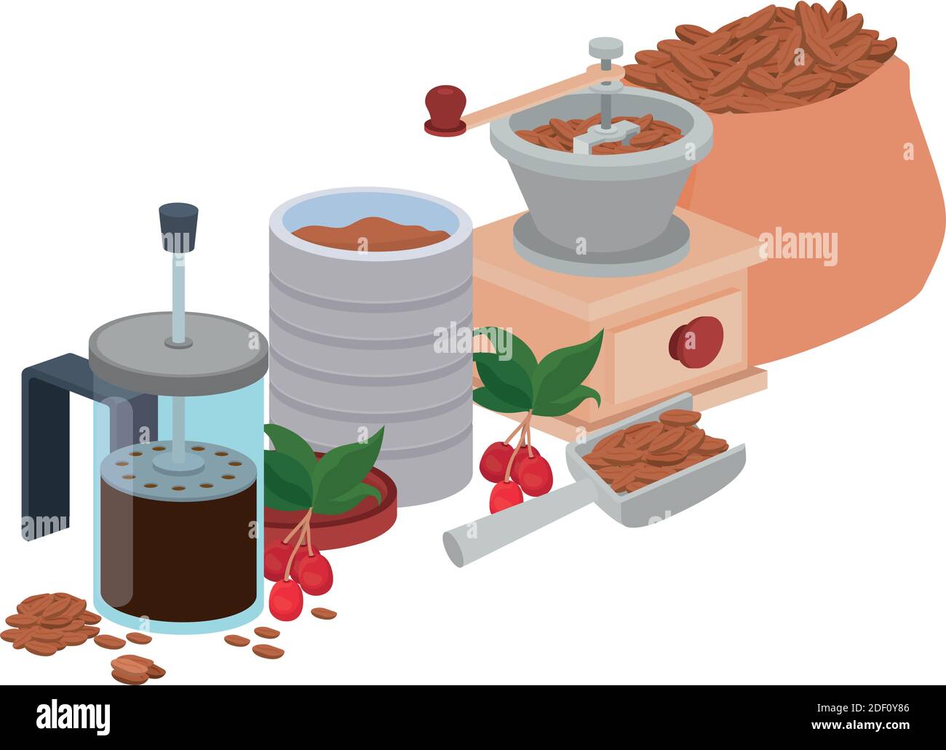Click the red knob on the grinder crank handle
click(445, 105)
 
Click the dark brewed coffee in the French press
click(178, 553)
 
